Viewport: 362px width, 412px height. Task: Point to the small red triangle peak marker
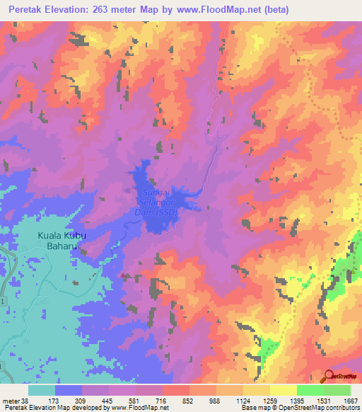[124, 275]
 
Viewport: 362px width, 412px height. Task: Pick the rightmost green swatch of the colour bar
[337, 390]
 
